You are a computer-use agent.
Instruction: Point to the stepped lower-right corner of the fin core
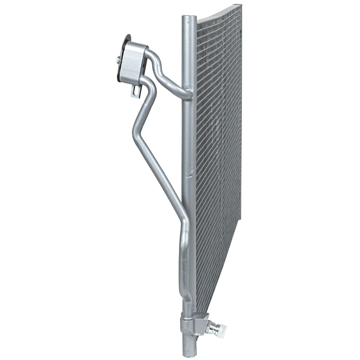point(240,217)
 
